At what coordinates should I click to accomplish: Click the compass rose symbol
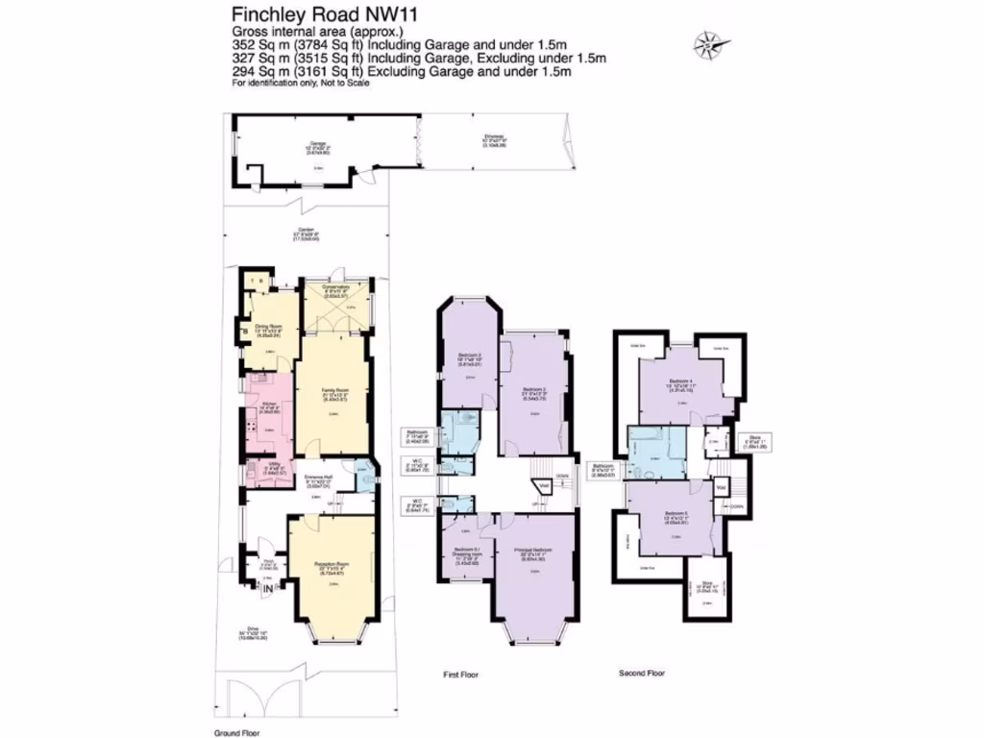tap(708, 43)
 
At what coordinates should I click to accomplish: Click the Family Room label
tap(333, 394)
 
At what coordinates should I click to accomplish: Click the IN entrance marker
tap(266, 583)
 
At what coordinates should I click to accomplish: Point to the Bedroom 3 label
tap(470, 360)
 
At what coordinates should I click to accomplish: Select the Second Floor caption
tap(642, 674)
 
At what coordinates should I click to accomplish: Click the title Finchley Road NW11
tap(312, 14)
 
